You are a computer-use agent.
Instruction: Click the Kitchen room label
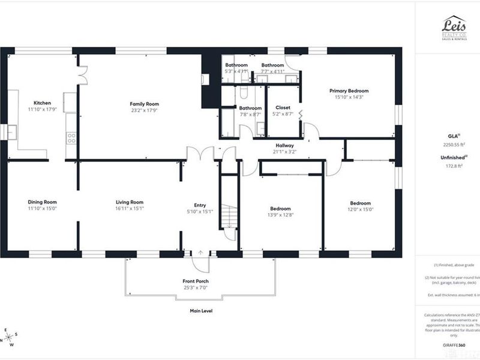(42, 103)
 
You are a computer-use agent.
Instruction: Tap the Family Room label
(144, 104)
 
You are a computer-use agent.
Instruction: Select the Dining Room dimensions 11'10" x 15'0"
(42, 209)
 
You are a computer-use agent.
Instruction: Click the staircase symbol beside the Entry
(229, 217)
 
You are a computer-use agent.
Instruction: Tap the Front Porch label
(196, 281)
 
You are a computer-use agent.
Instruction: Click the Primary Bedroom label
(349, 91)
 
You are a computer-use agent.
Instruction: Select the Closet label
(283, 108)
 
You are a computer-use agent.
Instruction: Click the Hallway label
(284, 145)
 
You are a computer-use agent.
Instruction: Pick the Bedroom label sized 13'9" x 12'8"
(280, 208)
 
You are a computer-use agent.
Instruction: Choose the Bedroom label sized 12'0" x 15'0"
(361, 203)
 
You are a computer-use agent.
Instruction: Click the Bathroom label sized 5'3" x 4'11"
(236, 65)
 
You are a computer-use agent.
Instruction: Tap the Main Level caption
(200, 311)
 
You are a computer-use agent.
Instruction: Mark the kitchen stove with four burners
(71, 138)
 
